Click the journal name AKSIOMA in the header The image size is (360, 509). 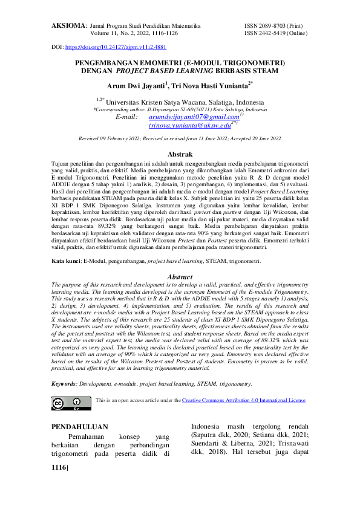[68, 27]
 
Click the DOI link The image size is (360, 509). [115, 47]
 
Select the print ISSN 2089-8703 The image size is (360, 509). [270, 27]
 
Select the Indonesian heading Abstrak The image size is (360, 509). [180, 155]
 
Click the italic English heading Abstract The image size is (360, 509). [180, 277]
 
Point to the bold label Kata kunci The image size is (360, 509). [65, 261]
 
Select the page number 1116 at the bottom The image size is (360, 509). [59, 467]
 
